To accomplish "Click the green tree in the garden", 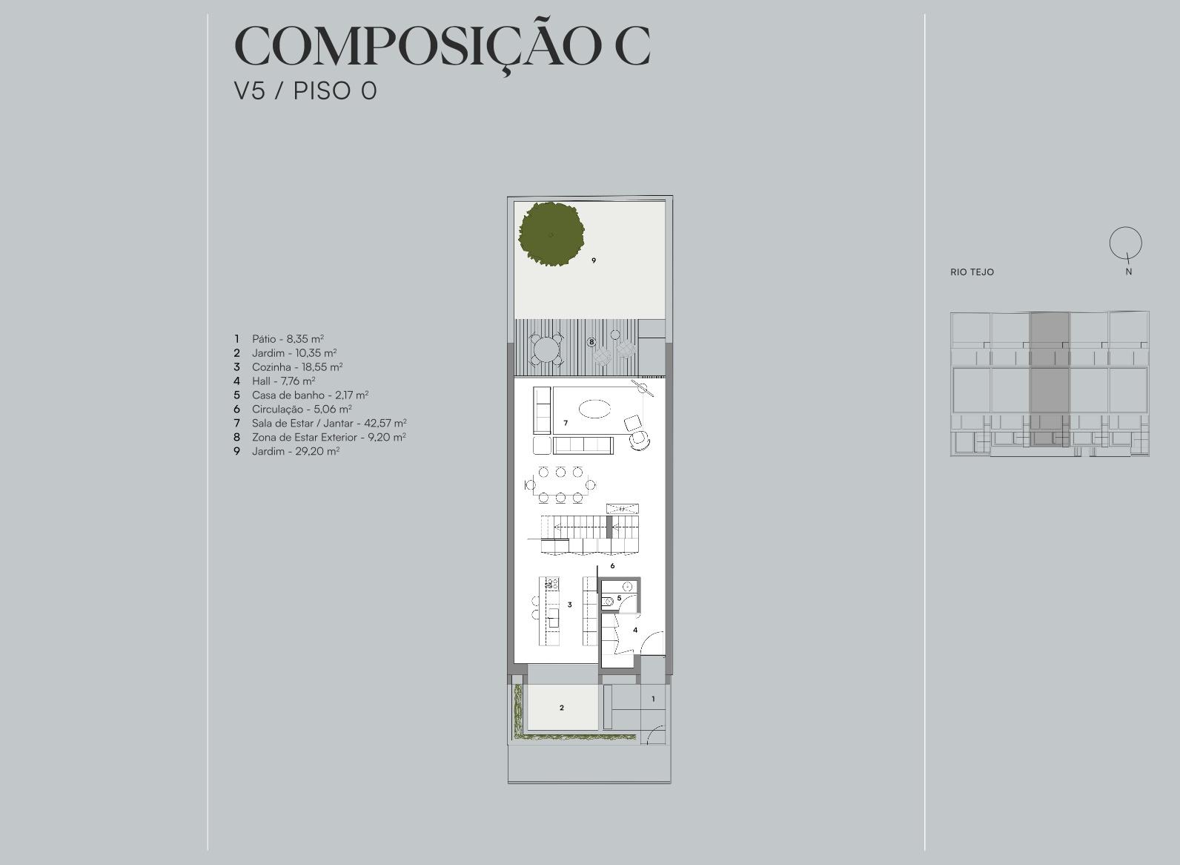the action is coord(551,234).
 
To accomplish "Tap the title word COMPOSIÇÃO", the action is coord(417,47).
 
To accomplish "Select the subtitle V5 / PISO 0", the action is coord(305,91).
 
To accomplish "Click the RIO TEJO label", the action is coord(972,272).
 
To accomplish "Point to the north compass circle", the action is coord(1125,243).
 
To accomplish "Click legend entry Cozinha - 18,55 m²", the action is coord(297,367).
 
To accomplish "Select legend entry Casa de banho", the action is coord(310,395).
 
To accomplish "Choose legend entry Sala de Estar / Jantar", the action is coord(328,423).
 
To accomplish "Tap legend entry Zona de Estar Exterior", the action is coord(328,437).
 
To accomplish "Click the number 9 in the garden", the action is coord(594,260).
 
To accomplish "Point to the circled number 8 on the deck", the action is coord(591,342).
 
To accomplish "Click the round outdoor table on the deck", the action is coord(546,349).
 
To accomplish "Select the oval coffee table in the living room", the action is coord(594,409).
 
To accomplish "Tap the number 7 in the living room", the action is coord(566,423).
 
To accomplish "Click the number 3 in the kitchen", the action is coord(569,605).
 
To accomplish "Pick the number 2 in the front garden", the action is coord(562,708).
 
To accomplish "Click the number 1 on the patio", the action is coord(653,699).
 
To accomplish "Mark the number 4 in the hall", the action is coord(635,630).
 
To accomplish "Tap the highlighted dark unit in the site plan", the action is coord(1050,380).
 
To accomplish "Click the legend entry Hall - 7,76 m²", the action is coord(283,381).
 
